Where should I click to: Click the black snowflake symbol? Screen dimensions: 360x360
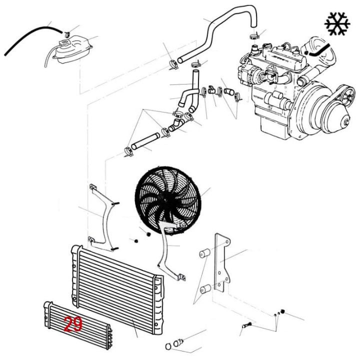pyautogui.click(x=337, y=24)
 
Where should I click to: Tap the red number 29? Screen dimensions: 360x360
pyautogui.click(x=73, y=324)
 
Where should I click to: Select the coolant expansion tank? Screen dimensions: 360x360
pyautogui.click(x=73, y=50)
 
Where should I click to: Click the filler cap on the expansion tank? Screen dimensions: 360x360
pyautogui.click(x=64, y=43)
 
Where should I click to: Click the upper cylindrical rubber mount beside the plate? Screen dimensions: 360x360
pyautogui.click(x=205, y=253)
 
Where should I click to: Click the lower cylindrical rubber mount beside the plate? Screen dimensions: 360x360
pyautogui.click(x=205, y=289)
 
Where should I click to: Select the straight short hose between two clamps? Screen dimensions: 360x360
pyautogui.click(x=145, y=141)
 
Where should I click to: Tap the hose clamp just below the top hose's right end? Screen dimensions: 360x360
pyautogui.click(x=254, y=36)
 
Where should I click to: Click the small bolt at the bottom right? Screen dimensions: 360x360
pyautogui.click(x=246, y=325)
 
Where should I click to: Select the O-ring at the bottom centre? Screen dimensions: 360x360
pyautogui.click(x=168, y=346)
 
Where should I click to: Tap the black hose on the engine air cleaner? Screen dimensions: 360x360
pyautogui.click(x=319, y=50)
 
